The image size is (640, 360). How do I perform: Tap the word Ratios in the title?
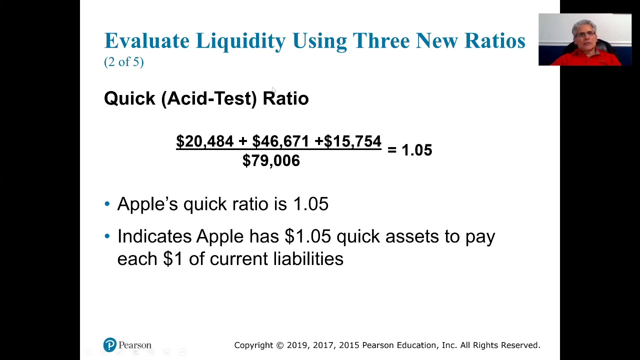[494, 40]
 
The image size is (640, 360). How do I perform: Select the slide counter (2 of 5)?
[124, 62]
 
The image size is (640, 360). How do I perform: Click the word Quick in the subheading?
[129, 98]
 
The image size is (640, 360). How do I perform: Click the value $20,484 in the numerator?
[204, 141]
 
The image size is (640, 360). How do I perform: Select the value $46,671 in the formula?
[280, 141]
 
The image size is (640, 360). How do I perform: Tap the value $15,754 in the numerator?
[352, 141]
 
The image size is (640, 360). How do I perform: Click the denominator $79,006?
[271, 161]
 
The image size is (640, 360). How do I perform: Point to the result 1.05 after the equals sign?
[416, 150]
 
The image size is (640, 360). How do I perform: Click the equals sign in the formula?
[391, 150]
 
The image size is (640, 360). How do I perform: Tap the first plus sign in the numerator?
[242, 141]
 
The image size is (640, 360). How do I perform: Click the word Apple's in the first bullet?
[147, 204]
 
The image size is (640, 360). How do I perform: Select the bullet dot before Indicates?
[107, 236]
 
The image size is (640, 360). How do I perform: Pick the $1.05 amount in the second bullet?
[307, 236]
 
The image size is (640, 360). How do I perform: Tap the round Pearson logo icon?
[109, 345]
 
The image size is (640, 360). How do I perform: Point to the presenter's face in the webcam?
[584, 35]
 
